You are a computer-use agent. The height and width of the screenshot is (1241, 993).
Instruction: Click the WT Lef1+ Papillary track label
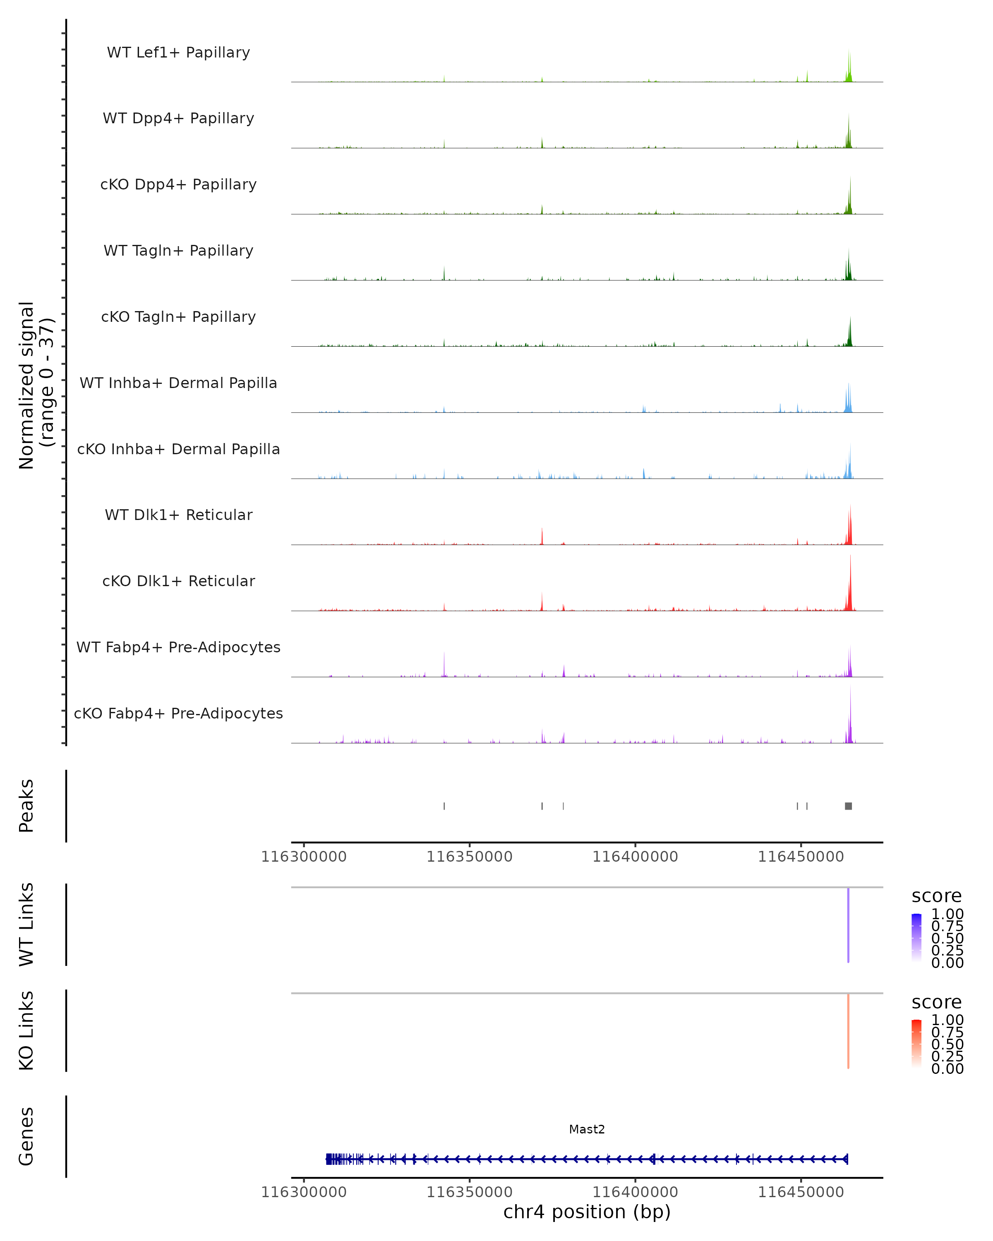pyautogui.click(x=178, y=53)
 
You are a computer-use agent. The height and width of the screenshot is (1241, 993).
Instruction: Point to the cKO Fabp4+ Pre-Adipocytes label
pyautogui.click(x=178, y=713)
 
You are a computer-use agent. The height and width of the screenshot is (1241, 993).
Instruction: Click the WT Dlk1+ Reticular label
pyautogui.click(x=178, y=515)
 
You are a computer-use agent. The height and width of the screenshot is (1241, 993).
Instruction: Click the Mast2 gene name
pyautogui.click(x=587, y=1129)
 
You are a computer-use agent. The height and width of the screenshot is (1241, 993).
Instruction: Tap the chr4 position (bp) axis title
pyautogui.click(x=587, y=1212)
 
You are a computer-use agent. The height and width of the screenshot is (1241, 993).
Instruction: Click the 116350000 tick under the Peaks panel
pyautogui.click(x=469, y=857)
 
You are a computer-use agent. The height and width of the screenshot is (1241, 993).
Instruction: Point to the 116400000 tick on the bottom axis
pyautogui.click(x=635, y=1192)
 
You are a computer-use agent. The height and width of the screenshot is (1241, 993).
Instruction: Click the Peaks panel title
pyautogui.click(x=26, y=806)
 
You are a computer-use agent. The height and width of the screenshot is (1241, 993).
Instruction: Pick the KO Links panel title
pyautogui.click(x=26, y=1030)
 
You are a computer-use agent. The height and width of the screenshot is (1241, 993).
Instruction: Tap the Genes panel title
pyautogui.click(x=26, y=1137)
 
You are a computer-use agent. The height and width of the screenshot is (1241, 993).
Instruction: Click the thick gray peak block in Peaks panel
pyautogui.click(x=848, y=806)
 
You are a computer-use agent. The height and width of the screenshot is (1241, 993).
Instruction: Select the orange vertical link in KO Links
pyautogui.click(x=848, y=1030)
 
